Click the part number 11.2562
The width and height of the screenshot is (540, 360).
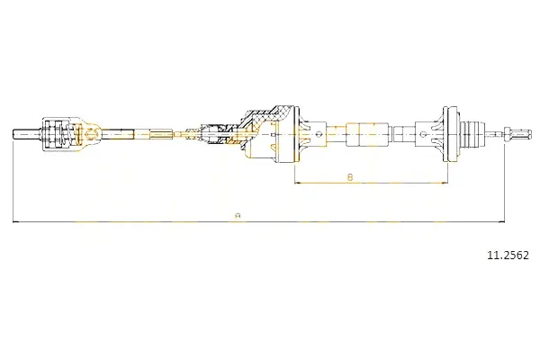coord(508,256)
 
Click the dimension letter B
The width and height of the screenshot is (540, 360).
coord(350,177)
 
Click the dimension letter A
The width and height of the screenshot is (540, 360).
coord(237,216)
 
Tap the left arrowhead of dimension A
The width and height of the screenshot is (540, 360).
coord(15,222)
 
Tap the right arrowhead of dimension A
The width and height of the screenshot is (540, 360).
coord(501,222)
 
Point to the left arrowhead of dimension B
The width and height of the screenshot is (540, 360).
coord(298,183)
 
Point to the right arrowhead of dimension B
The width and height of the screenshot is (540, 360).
coord(444,183)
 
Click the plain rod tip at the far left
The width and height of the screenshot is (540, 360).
coord(27,134)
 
